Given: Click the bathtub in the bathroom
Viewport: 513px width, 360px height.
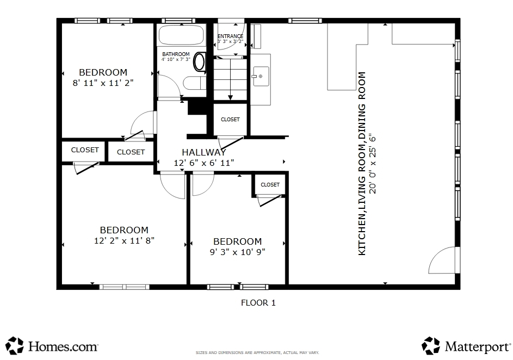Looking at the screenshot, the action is (181, 35).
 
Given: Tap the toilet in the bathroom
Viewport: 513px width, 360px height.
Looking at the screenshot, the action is (200, 61).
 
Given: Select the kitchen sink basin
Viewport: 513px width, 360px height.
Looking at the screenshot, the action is (261, 76).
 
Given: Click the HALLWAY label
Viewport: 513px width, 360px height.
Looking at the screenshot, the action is (204, 152).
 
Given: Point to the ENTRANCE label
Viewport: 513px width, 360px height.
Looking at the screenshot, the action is (230, 36).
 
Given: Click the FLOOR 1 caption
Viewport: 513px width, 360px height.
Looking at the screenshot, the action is (258, 303).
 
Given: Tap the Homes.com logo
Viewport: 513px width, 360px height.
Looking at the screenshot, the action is (52, 346).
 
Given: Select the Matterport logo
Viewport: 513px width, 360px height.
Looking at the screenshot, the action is (466, 346).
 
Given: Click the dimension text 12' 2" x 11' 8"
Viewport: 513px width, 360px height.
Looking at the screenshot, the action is (125, 241).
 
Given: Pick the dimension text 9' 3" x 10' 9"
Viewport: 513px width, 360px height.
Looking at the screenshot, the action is (238, 252).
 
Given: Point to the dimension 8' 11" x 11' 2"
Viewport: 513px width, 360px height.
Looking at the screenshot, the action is (103, 83).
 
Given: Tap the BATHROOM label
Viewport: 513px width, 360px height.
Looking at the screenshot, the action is (176, 54).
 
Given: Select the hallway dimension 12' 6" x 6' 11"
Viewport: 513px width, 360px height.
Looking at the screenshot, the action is (204, 163).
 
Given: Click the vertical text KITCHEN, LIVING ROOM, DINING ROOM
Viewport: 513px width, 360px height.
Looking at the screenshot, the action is (362, 164).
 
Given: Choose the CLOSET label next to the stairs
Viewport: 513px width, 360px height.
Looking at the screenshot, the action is (230, 119).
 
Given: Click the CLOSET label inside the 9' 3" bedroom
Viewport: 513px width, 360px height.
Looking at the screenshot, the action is (270, 185).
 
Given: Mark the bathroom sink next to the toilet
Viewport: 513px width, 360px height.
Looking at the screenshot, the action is (194, 83).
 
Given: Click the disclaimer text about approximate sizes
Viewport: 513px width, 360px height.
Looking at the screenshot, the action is (257, 352).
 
